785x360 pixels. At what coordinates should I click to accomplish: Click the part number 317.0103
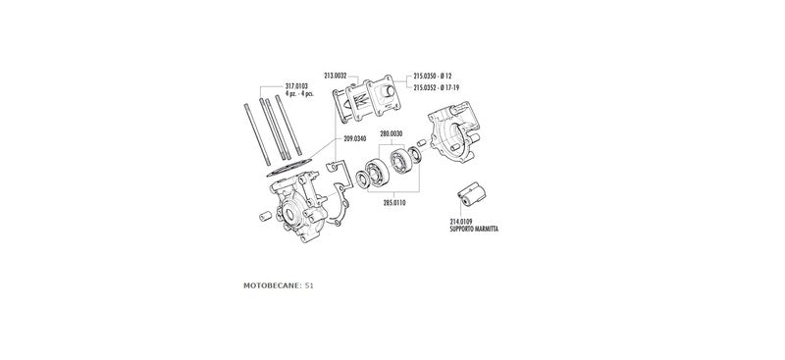296,86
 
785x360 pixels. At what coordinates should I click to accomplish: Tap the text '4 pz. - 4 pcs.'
296,94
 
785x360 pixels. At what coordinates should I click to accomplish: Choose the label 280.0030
391,132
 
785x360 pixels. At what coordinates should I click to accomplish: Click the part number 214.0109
462,221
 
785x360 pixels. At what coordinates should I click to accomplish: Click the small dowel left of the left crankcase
264,215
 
